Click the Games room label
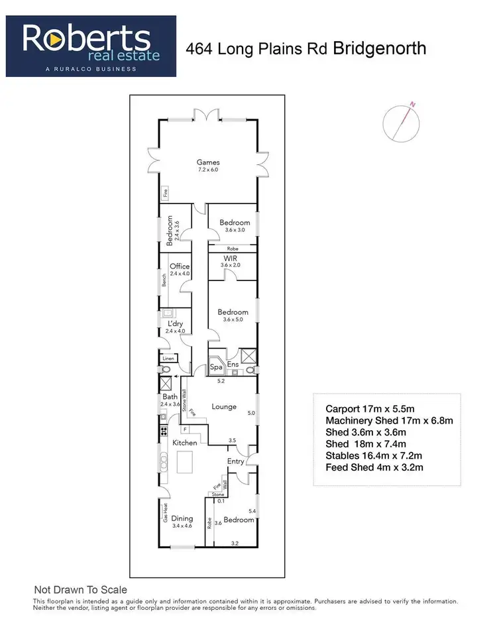208,162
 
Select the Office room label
180,266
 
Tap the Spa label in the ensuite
216,367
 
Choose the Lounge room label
224,406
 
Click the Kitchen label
185,442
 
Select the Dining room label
182,518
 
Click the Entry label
236,461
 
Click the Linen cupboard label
168,359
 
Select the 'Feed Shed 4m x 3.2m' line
375,467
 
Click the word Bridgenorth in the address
380,48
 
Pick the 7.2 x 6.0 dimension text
208,170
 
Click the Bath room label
170,396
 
